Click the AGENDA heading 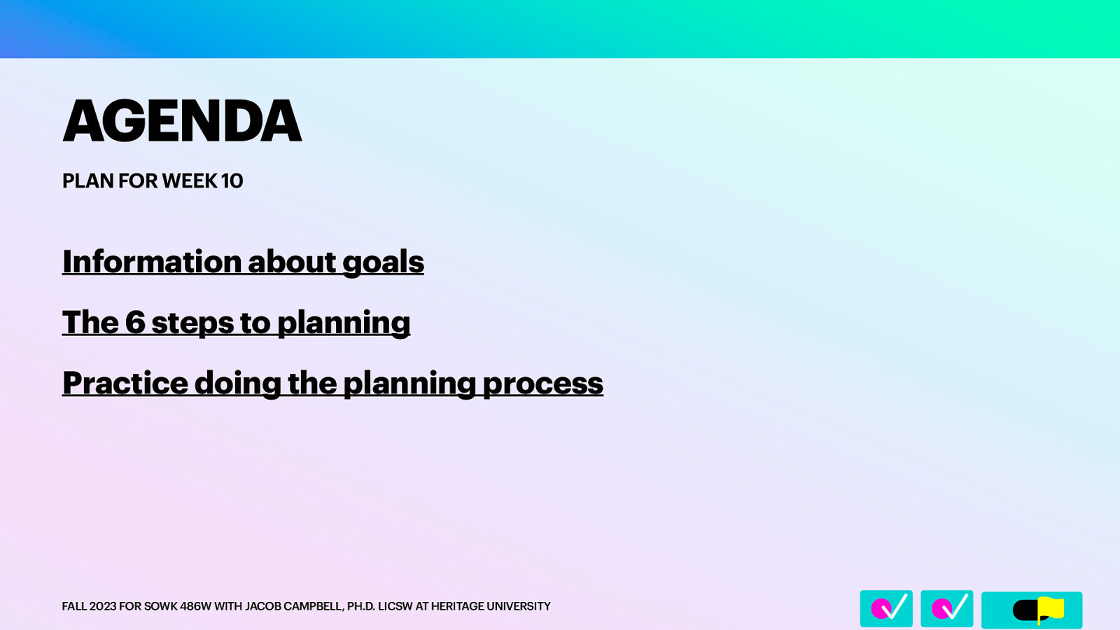tap(182, 121)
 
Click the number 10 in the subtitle tap(232, 181)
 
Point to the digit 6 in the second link tap(134, 323)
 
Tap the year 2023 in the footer tap(103, 606)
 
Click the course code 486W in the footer tap(195, 606)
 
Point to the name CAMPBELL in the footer tap(307, 606)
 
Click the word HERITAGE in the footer tap(457, 606)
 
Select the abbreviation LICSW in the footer tap(395, 606)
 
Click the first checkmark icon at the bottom tap(886, 608)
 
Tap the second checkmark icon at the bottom tap(946, 608)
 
